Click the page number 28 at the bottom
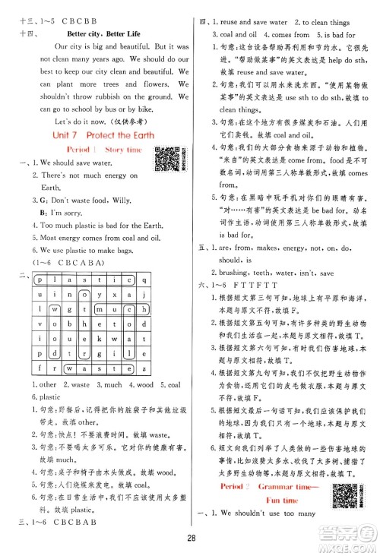point(190,539)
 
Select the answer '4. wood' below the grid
point(134,384)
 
